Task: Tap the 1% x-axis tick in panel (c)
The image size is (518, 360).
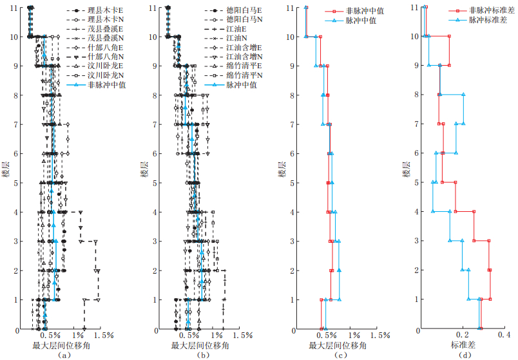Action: coord(353,336)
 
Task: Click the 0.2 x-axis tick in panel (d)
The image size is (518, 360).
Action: coord(462,336)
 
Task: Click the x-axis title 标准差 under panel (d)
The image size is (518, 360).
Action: coord(462,346)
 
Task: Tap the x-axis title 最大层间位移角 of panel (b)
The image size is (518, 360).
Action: coord(199,346)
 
